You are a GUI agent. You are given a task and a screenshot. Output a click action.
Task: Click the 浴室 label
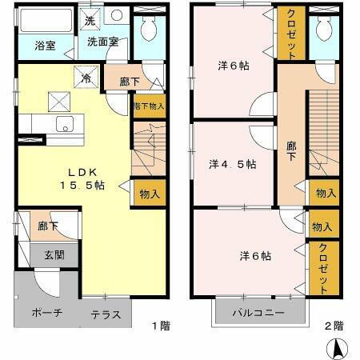[45, 46]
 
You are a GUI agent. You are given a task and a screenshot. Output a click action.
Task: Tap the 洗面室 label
[102, 42]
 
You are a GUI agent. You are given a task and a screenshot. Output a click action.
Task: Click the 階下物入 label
[150, 106]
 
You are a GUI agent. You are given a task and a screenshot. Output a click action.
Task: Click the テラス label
[106, 314]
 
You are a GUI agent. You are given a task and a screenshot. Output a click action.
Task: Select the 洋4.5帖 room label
[232, 164]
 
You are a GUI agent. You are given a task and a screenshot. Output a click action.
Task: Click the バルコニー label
[258, 312]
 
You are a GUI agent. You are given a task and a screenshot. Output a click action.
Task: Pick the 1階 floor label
[161, 326]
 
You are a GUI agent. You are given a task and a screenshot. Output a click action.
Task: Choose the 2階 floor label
[334, 326]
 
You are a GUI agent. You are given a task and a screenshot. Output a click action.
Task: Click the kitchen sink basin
[64, 123]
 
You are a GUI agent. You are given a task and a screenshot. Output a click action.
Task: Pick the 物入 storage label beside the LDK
[150, 193]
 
